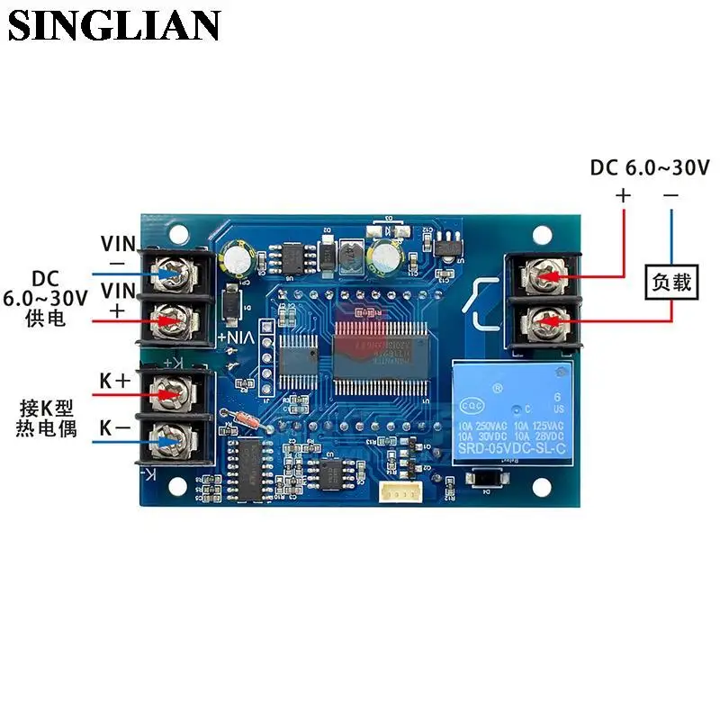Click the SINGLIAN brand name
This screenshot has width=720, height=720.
[114, 25]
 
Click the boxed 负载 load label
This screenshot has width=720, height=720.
[670, 283]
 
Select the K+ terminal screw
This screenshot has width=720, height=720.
[170, 392]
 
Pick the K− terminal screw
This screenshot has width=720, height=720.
[170, 439]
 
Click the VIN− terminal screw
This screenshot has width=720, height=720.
[171, 268]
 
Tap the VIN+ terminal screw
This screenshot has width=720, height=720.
[171, 317]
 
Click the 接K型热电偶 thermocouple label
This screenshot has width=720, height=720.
[46, 418]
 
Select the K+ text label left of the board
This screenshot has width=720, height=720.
[115, 381]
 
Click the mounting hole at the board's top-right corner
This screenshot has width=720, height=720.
[542, 235]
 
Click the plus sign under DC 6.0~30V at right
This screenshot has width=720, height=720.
[623, 194]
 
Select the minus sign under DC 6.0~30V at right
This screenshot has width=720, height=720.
[670, 194]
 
